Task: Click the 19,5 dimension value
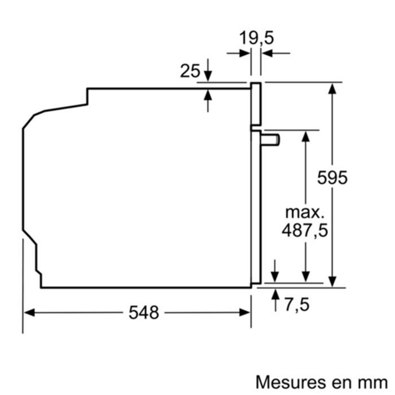pos(256,38)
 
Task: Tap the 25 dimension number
pos(190,71)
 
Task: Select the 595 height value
pos(332,178)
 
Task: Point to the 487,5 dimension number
pos(305,230)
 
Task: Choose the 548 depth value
pos(144,312)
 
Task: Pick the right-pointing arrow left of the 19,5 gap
pos(244,53)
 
